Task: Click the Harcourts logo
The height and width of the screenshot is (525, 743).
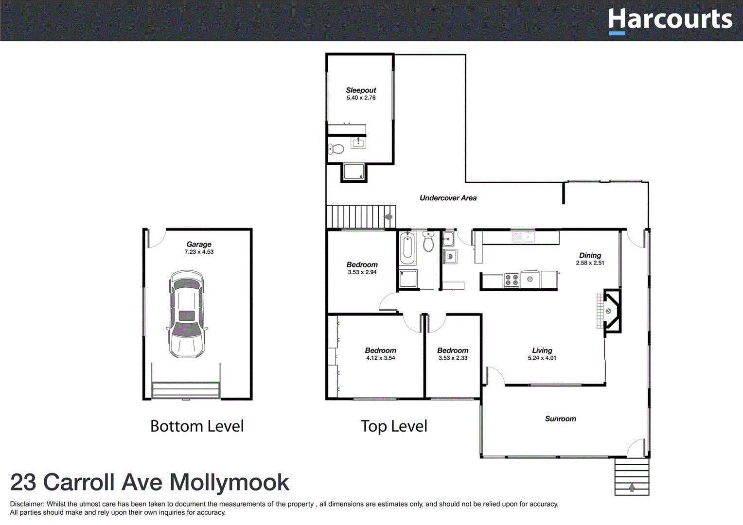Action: [x=670, y=20]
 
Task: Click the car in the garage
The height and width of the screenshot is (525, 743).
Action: [x=186, y=315]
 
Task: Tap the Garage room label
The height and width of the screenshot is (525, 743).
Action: [x=199, y=245]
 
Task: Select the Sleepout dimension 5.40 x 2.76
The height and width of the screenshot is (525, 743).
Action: [x=361, y=98]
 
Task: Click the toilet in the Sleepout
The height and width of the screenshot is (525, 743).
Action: [x=336, y=149]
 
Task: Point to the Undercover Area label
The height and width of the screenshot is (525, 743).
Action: [x=448, y=198]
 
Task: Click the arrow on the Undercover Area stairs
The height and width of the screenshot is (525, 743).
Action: [x=389, y=217]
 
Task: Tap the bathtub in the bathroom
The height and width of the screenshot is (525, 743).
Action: [x=407, y=247]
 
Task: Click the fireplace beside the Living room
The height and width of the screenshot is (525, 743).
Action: [x=611, y=311]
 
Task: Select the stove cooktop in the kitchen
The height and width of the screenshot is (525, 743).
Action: [x=512, y=280]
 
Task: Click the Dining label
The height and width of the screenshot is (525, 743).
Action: [x=590, y=255]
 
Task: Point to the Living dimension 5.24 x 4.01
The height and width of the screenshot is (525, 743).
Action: [x=542, y=358]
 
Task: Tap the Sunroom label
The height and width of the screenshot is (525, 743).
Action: [x=560, y=419]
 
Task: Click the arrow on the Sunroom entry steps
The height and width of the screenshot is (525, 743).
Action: [x=632, y=487]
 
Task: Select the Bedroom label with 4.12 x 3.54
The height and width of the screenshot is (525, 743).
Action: [x=380, y=350]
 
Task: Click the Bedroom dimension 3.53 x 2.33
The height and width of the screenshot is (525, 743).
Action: [x=453, y=358]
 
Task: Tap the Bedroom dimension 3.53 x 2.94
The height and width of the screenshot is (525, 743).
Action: [x=362, y=272]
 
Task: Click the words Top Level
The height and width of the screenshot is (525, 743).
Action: [x=394, y=426]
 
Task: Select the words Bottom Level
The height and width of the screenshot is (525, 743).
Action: [x=197, y=426]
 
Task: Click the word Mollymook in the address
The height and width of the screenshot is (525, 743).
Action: [x=229, y=483]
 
